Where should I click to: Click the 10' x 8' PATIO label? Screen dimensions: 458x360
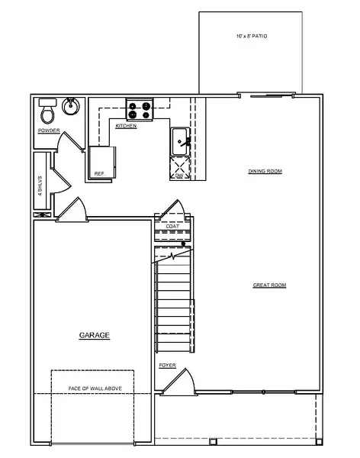point(252,36)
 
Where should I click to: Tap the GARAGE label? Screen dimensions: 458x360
point(95,335)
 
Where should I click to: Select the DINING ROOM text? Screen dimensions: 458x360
point(265,171)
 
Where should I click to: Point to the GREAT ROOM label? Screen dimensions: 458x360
point(269,285)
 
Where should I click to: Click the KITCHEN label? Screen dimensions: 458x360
point(126,125)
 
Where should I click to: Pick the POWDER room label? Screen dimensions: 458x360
point(48,131)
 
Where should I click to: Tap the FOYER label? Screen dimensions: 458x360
point(167,366)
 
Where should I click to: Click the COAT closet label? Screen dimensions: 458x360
point(172,226)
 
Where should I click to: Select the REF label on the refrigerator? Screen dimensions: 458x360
point(98,174)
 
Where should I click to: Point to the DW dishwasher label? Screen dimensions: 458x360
point(179,176)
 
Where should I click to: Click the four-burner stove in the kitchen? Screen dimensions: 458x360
point(140,108)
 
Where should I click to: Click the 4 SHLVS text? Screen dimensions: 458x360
point(40,184)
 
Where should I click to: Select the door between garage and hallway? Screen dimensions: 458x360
point(75,209)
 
